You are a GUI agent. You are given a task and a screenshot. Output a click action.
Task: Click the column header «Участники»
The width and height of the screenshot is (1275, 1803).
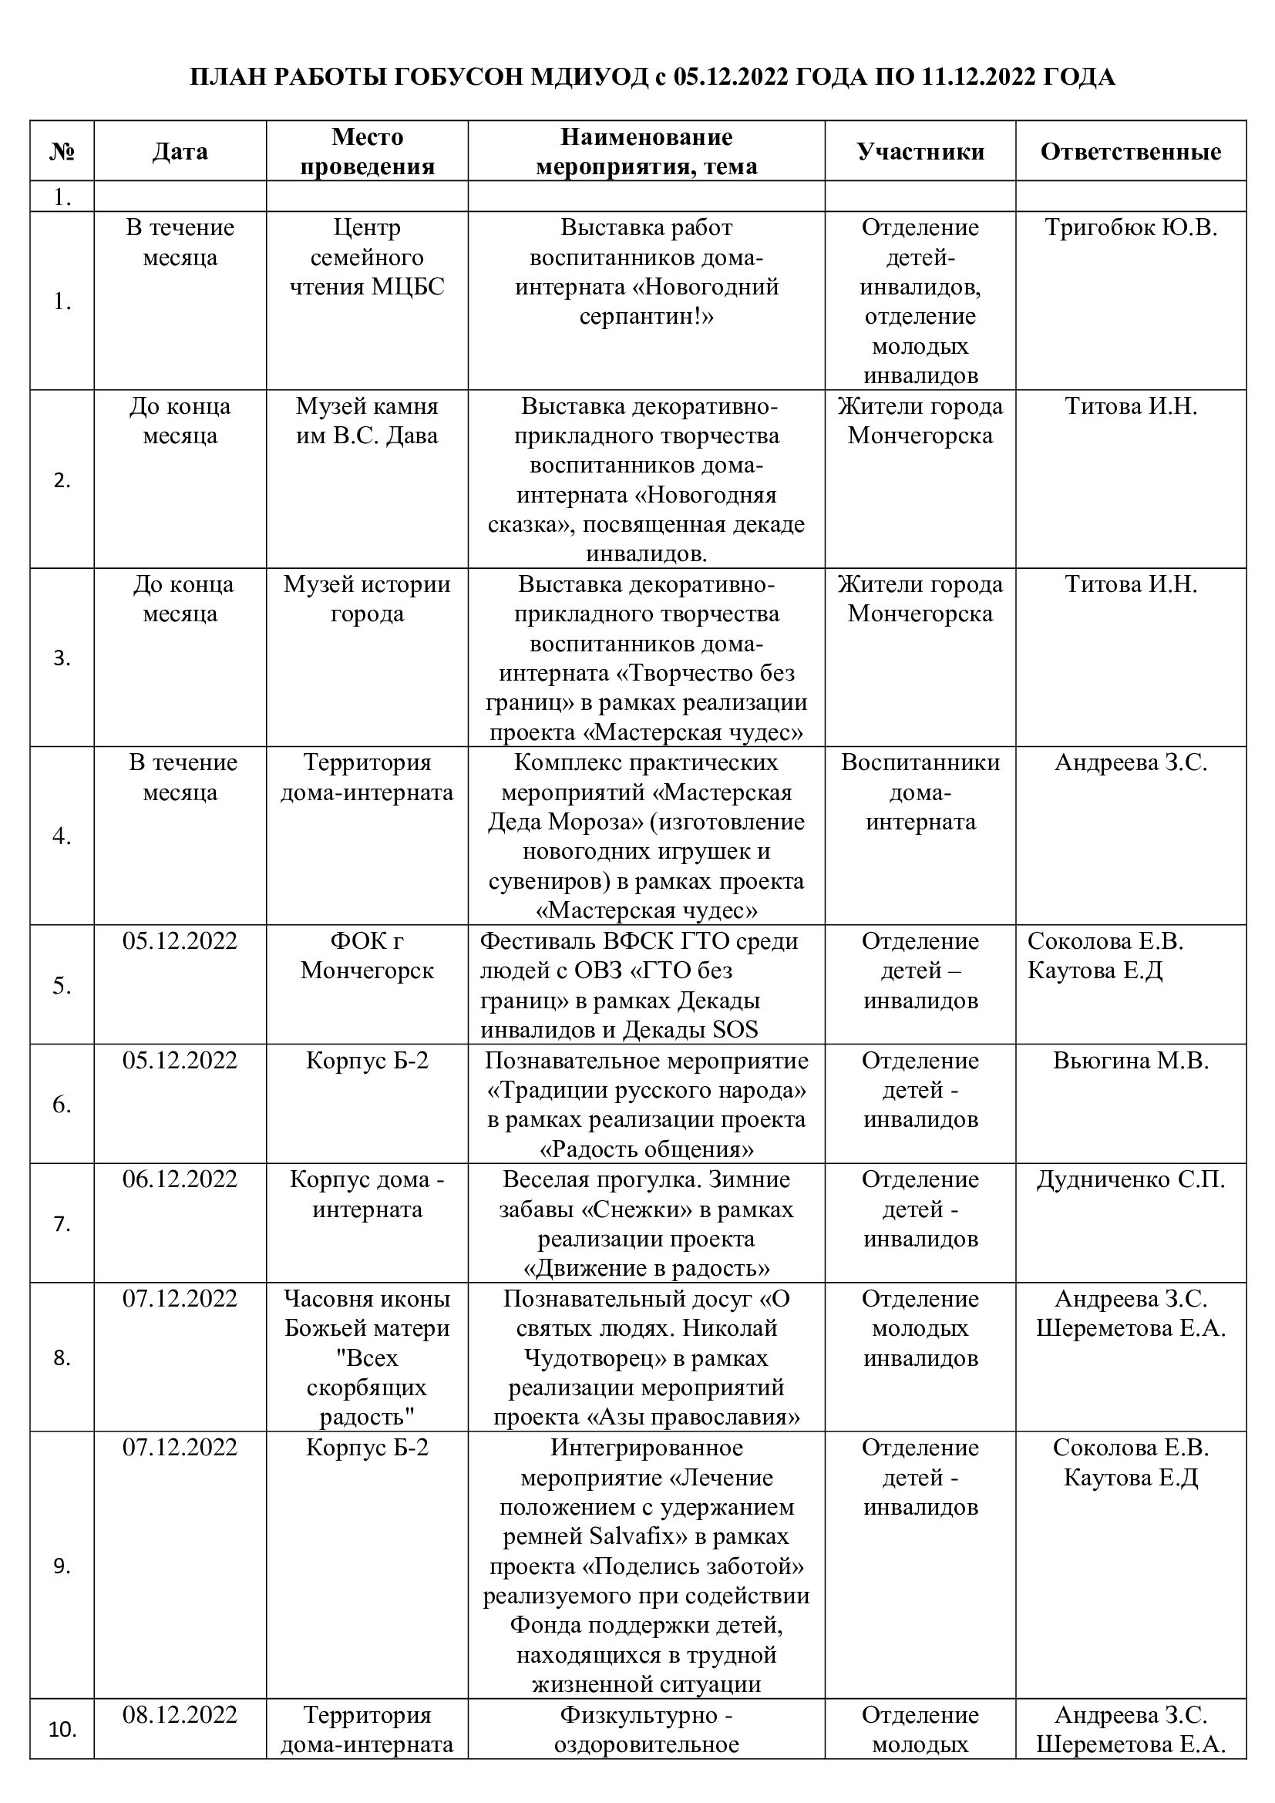point(920,152)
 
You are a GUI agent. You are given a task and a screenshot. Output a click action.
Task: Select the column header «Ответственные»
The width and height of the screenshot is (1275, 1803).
point(1131,152)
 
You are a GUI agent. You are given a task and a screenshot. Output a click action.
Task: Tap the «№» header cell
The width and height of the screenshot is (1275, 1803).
point(62,152)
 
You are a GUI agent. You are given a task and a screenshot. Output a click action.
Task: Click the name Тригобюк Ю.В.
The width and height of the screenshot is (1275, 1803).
point(1131,227)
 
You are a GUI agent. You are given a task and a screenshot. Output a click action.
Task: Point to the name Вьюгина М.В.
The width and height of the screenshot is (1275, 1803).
point(1131,1060)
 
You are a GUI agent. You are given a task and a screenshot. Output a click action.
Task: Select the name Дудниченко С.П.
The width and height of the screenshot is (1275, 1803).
point(1131,1179)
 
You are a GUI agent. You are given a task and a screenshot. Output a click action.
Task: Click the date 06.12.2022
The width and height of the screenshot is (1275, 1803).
point(180,1179)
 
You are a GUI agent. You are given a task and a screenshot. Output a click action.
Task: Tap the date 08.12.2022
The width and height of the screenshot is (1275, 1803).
point(180,1714)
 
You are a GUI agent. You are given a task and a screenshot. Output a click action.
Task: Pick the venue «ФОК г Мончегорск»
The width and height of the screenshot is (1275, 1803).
point(367,956)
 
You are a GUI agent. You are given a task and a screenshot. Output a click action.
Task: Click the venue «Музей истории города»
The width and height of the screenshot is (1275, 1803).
point(367,599)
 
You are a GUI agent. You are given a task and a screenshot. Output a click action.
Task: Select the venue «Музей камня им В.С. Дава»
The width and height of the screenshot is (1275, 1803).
point(367,421)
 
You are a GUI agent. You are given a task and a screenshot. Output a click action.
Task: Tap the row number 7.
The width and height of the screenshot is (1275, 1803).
point(62,1224)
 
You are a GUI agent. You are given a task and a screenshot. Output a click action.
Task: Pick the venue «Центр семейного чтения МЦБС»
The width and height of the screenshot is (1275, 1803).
point(367,257)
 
